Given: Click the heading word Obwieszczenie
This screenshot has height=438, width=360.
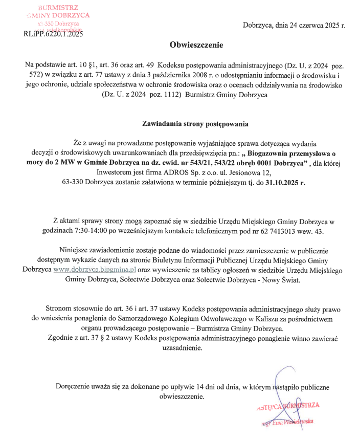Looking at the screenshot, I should pyautogui.click(x=196, y=45).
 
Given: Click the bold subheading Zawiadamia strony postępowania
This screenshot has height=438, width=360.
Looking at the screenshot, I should pyautogui.click(x=196, y=124).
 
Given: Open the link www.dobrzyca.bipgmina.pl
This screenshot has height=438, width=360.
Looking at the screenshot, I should pyautogui.click(x=94, y=269).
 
